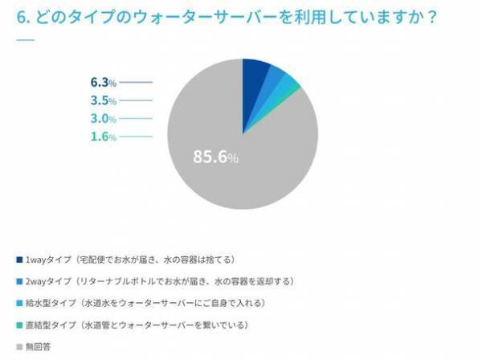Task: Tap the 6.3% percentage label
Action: click(104, 82)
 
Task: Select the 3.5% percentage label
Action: click(104, 100)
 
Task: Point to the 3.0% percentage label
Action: click(104, 118)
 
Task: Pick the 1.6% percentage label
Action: click(104, 137)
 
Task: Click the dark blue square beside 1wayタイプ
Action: click(19, 260)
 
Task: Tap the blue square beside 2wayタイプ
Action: click(19, 282)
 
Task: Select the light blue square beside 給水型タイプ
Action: click(19, 304)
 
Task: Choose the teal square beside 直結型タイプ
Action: click(19, 325)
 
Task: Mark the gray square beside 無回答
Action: click(19, 347)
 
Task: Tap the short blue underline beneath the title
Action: click(25, 40)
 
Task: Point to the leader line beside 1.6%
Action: click(136, 137)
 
